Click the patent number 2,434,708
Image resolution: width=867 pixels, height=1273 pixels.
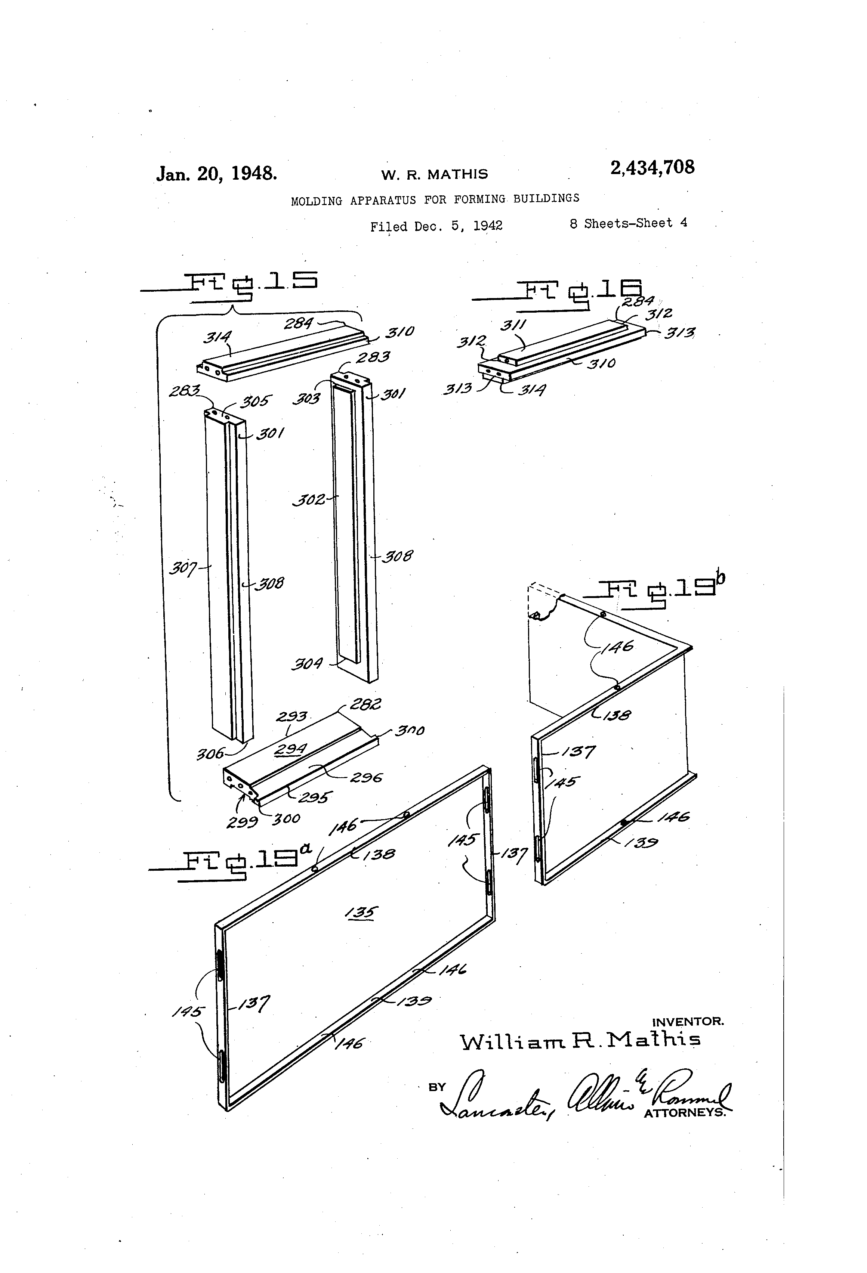[x=652, y=168]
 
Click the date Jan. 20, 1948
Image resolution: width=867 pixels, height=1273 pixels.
[x=216, y=174]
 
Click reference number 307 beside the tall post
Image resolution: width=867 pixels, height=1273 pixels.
[x=182, y=568]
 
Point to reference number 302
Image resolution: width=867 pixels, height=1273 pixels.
[x=309, y=499]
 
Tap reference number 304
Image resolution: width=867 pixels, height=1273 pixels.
[x=306, y=664]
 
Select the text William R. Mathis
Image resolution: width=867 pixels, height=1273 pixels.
[x=580, y=1040]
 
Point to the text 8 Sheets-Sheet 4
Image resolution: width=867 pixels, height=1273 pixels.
[x=628, y=223]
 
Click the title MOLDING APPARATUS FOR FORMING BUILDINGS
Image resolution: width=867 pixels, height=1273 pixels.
[x=435, y=199]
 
